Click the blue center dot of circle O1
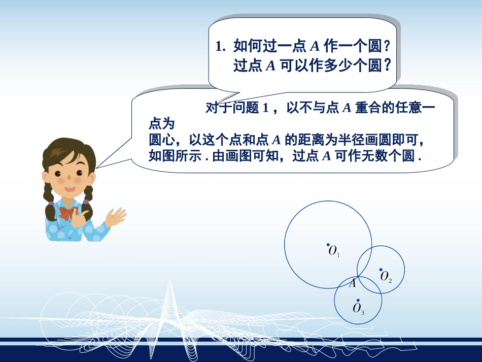pos(328,244)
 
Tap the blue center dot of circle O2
pos(381,270)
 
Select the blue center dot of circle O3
pos(358,300)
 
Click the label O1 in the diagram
pos(334,251)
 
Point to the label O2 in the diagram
pos(386,277)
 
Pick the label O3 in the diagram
pos(359,308)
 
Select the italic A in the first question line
pos(314,47)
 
